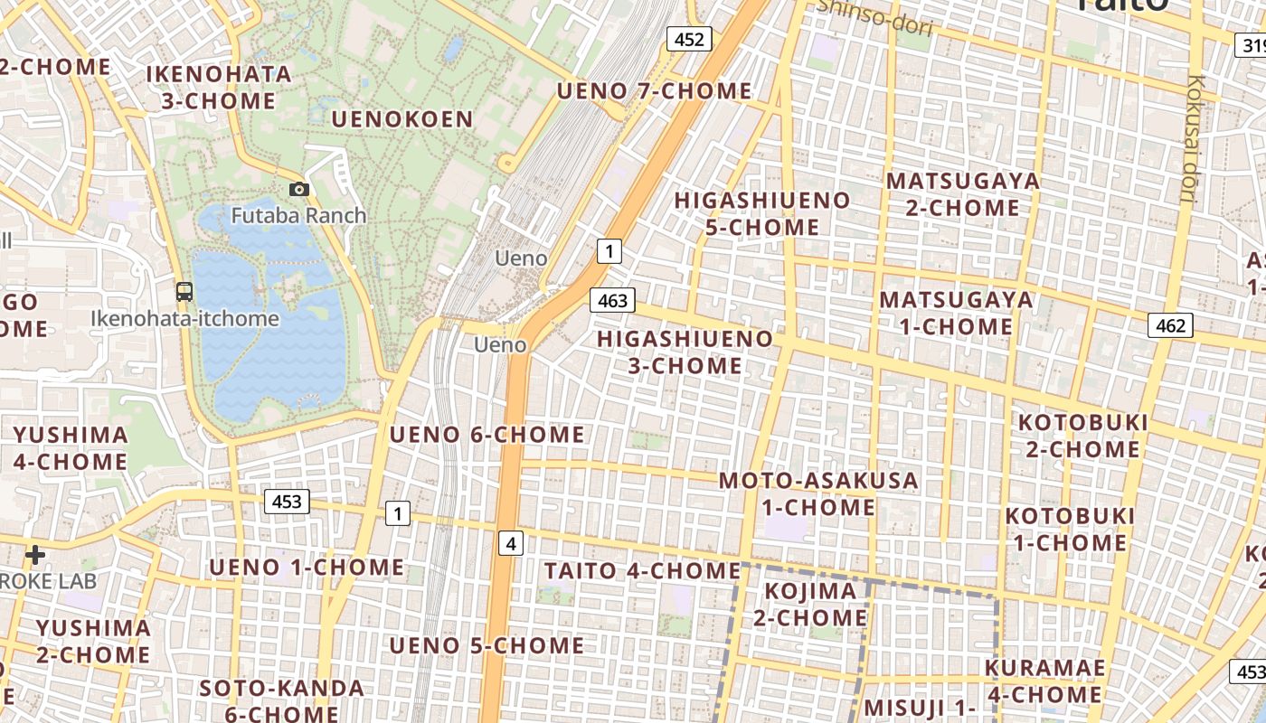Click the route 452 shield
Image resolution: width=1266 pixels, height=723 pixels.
[x=689, y=38]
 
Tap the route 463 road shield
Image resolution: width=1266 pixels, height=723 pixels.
[x=612, y=300]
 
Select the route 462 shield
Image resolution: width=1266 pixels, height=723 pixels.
[x=1170, y=325]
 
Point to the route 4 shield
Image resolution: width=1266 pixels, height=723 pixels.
[x=511, y=543]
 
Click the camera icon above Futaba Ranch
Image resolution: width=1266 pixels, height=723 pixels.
[x=298, y=189]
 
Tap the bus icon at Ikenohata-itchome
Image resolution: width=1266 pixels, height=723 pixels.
[x=184, y=292]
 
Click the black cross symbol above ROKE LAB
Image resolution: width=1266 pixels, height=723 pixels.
[x=35, y=554]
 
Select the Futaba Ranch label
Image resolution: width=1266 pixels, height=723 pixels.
[x=298, y=215]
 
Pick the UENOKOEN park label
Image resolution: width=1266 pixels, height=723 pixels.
[x=402, y=119]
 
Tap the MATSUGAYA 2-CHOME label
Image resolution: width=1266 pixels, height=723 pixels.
[x=962, y=194]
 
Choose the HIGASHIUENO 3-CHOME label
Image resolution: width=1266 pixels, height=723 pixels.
[x=685, y=352]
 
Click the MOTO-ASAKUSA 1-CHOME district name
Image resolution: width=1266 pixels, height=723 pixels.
[x=818, y=493]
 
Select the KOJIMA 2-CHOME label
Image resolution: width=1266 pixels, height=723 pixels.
[x=810, y=604]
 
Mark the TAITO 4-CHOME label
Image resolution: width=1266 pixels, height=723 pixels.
[x=642, y=571]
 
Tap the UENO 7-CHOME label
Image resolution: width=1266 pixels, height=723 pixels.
[x=654, y=91]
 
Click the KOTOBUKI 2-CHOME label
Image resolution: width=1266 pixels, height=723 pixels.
[x=1082, y=436]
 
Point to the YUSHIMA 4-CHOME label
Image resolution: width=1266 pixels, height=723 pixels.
[x=71, y=448]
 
